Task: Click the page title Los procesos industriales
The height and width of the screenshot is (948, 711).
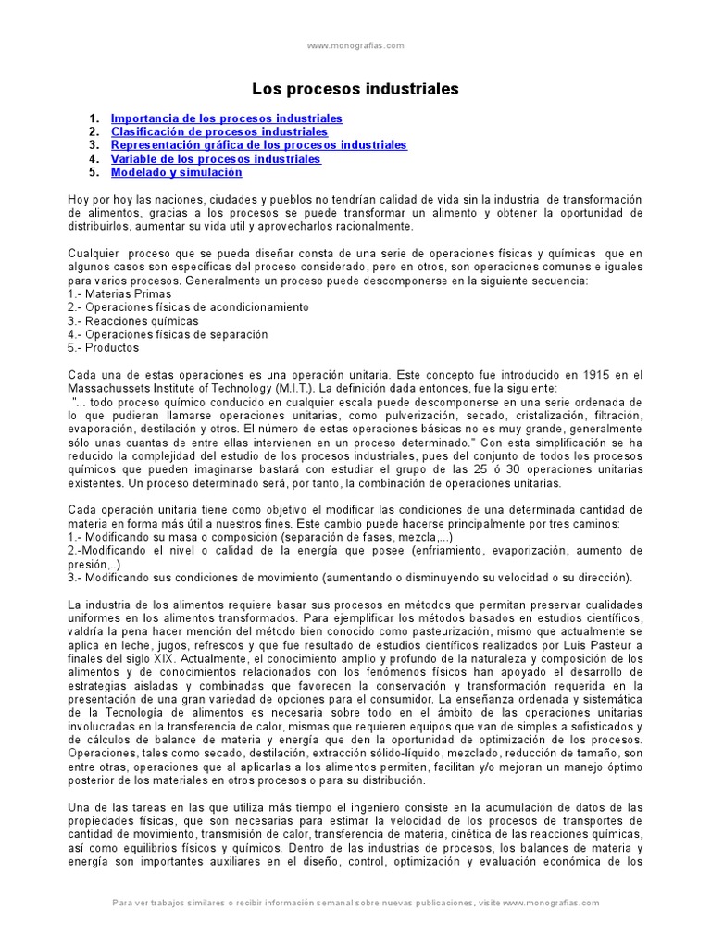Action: [x=355, y=90]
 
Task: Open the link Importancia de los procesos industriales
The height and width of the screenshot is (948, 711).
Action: [x=227, y=119]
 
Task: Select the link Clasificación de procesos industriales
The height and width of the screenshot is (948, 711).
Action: [x=219, y=132]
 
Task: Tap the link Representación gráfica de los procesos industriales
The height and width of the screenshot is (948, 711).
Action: [x=258, y=145]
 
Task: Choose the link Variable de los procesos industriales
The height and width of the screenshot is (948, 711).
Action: [x=216, y=159]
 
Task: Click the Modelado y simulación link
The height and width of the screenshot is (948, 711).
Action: [x=176, y=172]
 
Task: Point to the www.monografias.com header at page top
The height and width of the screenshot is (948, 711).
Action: [x=355, y=45]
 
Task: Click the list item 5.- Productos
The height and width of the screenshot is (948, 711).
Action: [x=104, y=347]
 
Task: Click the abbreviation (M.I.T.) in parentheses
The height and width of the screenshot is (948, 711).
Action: [x=266, y=388]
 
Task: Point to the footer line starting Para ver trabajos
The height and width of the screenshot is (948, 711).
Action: [x=355, y=903]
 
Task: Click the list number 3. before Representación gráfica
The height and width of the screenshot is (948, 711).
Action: [x=94, y=145]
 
